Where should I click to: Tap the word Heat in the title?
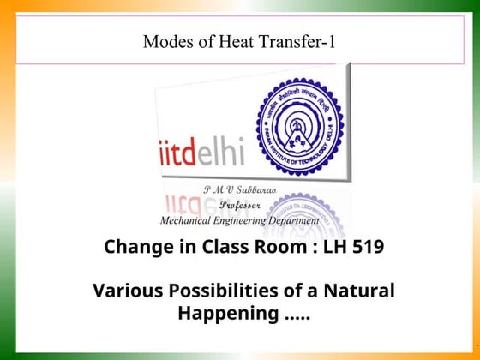click(225, 40)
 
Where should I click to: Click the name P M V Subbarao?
click(239, 189)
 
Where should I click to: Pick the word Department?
click(296, 220)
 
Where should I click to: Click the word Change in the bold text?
click(133, 248)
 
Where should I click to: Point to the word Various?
click(124, 291)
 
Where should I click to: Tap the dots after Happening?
click(295, 315)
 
